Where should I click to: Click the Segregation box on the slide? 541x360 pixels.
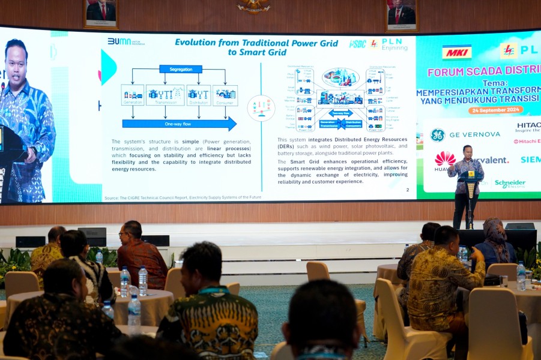coord(180,69)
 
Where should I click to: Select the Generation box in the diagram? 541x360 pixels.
coord(132,95)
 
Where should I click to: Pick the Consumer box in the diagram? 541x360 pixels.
coord(225,95)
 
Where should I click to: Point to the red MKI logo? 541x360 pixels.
coord(457,52)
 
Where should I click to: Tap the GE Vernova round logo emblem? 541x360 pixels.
coord(437,135)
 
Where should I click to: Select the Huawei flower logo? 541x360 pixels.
coord(445,158)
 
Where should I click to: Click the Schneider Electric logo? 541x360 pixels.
coord(510,184)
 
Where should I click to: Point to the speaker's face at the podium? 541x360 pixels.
coord(467,151)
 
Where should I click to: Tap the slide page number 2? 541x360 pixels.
coord(407,190)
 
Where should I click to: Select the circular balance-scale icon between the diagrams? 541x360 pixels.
coord(261,108)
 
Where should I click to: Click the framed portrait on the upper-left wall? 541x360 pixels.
coord(101,12)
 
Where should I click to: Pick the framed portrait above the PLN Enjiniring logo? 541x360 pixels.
coord(401,14)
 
